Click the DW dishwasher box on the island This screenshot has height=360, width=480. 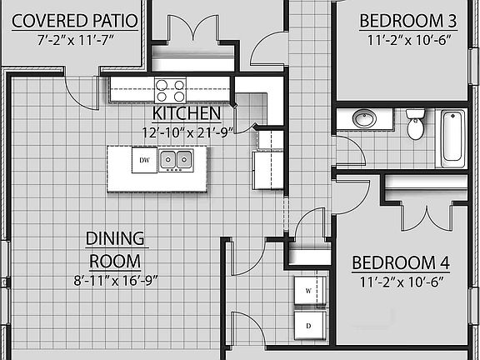coord(144,159)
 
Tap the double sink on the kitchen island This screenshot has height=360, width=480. coord(176,159)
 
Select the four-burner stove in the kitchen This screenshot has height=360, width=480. coord(170,89)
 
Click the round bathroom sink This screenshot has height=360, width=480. coord(363,119)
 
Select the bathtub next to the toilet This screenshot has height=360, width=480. coord(452,135)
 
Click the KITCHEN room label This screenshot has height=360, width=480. coord(187,112)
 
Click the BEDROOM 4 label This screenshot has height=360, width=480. coord(401,263)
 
